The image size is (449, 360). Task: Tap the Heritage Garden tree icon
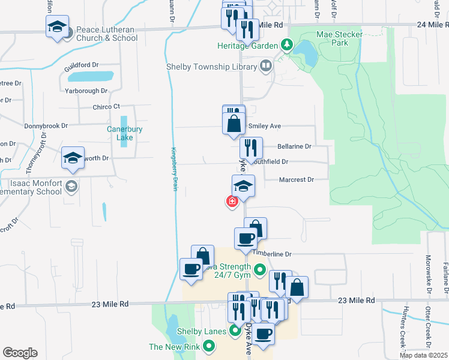coord(288,46)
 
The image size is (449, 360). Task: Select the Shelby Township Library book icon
coord(265,67)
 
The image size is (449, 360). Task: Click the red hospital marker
coord(232,202)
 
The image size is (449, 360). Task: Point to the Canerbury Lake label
coord(120,133)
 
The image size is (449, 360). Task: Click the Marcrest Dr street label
coord(297,180)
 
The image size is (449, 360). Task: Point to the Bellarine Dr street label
coord(294,146)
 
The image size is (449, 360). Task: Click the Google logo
coord(20,352)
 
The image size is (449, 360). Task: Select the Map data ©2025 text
coord(423,355)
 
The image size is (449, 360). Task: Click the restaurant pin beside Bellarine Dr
coord(251,148)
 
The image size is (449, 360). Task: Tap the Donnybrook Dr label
coord(46,127)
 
